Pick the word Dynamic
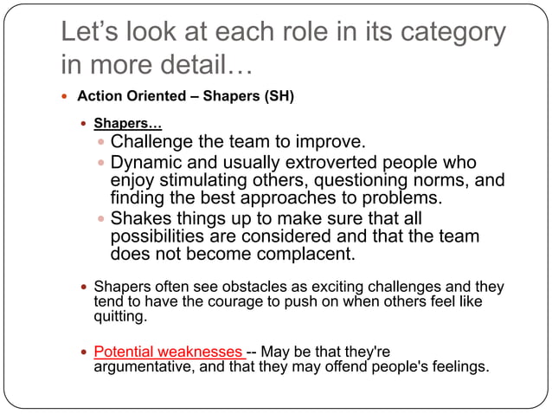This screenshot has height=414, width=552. [x=149, y=163]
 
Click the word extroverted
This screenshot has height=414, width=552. [x=340, y=163]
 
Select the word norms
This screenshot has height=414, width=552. [x=443, y=180]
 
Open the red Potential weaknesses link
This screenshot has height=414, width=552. [x=168, y=352]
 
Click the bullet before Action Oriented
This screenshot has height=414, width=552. [x=65, y=96]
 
